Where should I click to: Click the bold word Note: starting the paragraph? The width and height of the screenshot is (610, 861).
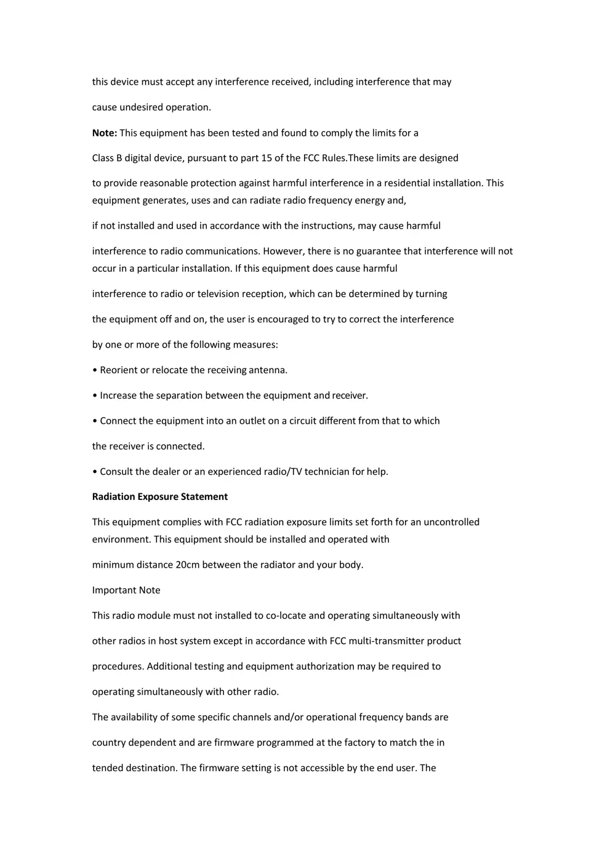point(105,133)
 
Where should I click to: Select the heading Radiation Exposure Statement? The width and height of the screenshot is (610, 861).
point(160,496)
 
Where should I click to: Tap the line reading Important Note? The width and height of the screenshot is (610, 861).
point(126,590)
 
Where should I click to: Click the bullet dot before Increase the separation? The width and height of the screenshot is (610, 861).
point(95,395)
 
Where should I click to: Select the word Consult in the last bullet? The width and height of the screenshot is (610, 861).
point(116,472)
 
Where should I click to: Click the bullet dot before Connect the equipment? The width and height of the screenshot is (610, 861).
point(95,421)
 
